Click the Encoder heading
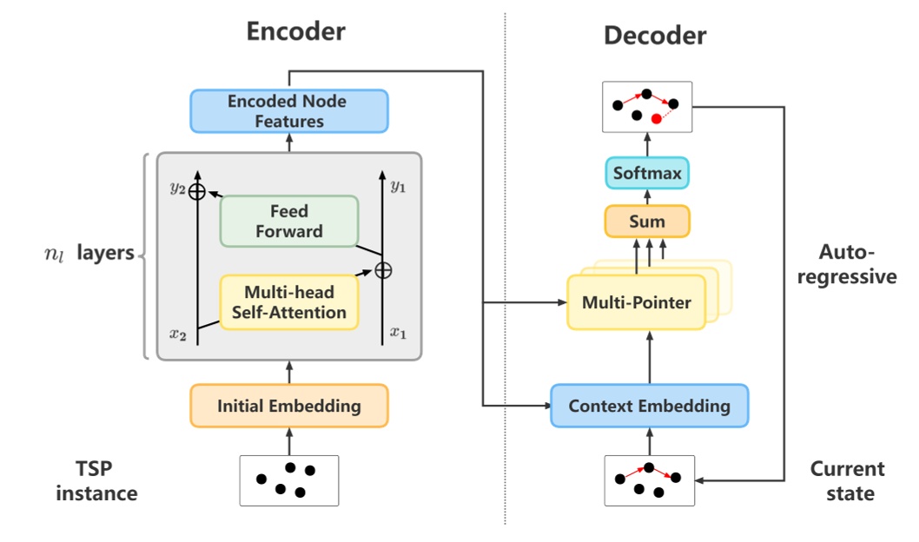tap(295, 31)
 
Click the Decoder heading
tap(655, 36)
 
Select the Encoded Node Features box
tap(288, 111)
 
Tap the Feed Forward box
tap(289, 221)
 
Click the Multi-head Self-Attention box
tap(288, 301)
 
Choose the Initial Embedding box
tap(288, 406)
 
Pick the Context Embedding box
tap(649, 406)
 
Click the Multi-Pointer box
tap(636, 302)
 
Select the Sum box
tap(646, 221)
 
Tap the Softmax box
tap(647, 173)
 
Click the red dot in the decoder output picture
tap(656, 119)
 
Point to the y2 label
tap(177, 190)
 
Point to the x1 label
tap(397, 332)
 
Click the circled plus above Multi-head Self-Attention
tap(382, 270)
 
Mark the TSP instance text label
tap(97, 481)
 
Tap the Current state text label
tap(847, 481)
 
